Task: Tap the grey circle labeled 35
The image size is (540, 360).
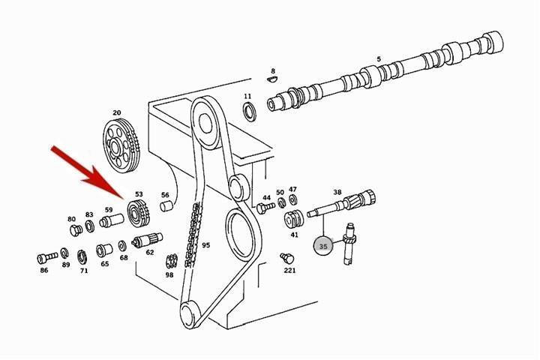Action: tap(323, 246)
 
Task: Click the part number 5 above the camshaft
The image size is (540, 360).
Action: tap(379, 59)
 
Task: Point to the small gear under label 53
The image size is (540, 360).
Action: tap(139, 214)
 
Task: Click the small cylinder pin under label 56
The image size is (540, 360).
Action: tap(166, 206)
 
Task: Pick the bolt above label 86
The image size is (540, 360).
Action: tap(47, 257)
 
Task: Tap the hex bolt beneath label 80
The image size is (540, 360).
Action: tap(76, 229)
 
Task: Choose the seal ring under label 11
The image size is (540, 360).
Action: tap(249, 111)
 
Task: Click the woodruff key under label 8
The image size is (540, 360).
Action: tap(272, 79)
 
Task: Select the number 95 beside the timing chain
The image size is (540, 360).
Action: tap(205, 245)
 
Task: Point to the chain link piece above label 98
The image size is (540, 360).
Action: tap(172, 261)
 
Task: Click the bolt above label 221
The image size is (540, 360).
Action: tap(287, 257)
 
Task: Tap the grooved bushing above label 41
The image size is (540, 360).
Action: tap(294, 219)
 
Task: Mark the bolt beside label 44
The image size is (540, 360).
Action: tap(265, 208)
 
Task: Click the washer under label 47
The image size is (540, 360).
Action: tap(293, 199)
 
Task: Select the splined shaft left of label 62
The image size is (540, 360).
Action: tap(147, 240)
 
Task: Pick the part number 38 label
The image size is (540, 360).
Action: tap(337, 192)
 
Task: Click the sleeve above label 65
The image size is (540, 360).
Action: tap(104, 250)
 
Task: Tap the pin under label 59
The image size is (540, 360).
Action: tap(111, 220)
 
